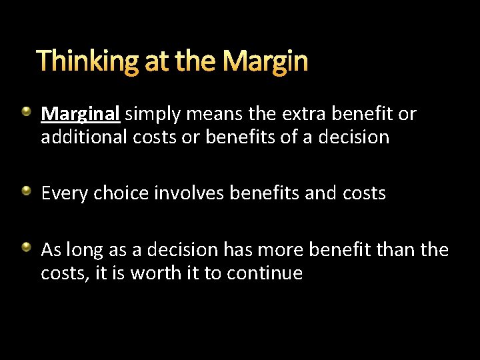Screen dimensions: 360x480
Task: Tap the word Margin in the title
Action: pyautogui.click(x=265, y=62)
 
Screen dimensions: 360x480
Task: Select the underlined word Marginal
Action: pyautogui.click(x=80, y=114)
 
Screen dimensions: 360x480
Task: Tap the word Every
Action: pyautogui.click(x=64, y=193)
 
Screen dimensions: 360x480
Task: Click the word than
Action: pyautogui.click(x=397, y=250)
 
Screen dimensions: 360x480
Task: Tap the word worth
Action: pyautogui.click(x=151, y=273)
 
